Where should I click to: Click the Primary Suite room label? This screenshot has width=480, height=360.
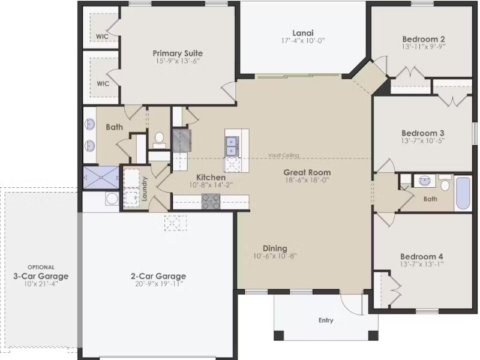(x=178, y=53)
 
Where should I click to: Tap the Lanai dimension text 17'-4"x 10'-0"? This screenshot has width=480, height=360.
(x=303, y=41)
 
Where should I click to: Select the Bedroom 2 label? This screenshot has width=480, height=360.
(x=424, y=39)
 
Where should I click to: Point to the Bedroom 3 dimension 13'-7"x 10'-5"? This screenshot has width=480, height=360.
(x=423, y=141)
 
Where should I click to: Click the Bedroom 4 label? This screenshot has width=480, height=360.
(x=422, y=257)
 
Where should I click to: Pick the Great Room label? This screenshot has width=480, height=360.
(x=307, y=172)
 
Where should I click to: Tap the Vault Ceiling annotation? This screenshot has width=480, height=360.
(x=283, y=155)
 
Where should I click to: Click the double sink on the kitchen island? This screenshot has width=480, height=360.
(x=231, y=146)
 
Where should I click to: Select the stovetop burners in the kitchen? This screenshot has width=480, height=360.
(x=211, y=202)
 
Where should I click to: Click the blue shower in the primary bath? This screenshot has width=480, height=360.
(x=101, y=178)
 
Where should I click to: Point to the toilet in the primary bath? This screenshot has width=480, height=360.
(x=159, y=140)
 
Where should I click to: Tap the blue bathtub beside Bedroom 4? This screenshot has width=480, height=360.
(x=463, y=193)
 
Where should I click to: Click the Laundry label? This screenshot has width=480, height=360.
(x=145, y=189)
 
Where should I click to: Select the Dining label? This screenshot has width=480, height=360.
(x=275, y=248)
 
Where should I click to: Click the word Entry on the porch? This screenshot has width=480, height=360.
(x=326, y=320)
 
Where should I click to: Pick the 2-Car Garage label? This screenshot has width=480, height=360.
(x=158, y=276)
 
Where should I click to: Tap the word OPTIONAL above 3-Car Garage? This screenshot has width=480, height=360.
(x=41, y=267)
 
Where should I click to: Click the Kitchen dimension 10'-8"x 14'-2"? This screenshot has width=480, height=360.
(x=211, y=185)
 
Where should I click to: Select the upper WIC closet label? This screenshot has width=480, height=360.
(x=102, y=37)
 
